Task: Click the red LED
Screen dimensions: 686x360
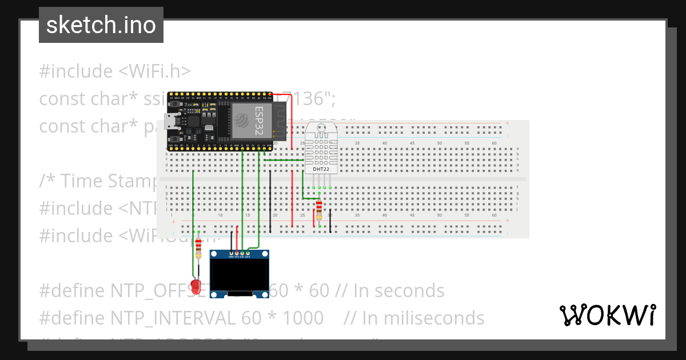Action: (197, 284)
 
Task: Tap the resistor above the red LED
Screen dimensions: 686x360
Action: (198, 248)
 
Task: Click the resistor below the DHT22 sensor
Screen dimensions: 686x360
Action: (319, 210)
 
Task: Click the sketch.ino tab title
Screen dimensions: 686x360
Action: (101, 25)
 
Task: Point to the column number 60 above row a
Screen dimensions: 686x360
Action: (494, 143)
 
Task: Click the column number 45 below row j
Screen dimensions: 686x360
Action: (412, 215)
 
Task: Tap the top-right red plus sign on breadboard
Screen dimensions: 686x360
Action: (507, 123)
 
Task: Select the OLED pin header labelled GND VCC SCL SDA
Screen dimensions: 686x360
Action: (240, 254)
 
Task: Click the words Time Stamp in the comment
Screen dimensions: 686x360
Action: (109, 181)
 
